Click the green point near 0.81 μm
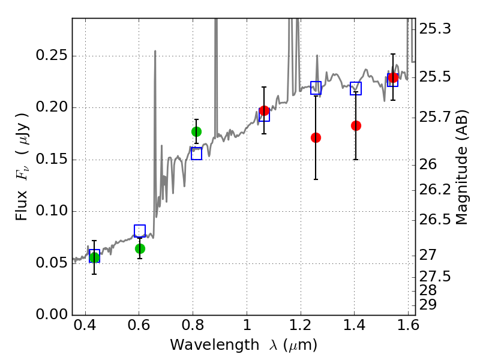tap(197, 131)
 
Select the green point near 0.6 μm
tap(140, 248)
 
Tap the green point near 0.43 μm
tap(94, 257)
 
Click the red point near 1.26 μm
tap(316, 138)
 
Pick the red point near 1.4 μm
tap(356, 125)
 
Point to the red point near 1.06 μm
tap(264, 111)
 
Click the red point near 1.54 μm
tap(393, 77)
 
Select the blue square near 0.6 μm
tap(140, 231)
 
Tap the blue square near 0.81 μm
tap(197, 154)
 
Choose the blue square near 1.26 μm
tap(316, 88)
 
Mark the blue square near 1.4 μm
tap(356, 88)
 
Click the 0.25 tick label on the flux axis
tap(52, 55)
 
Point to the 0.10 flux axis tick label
tap(52, 211)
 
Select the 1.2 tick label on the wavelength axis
tap(301, 325)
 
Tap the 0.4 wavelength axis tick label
tap(85, 325)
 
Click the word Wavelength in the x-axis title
tap(215, 346)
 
